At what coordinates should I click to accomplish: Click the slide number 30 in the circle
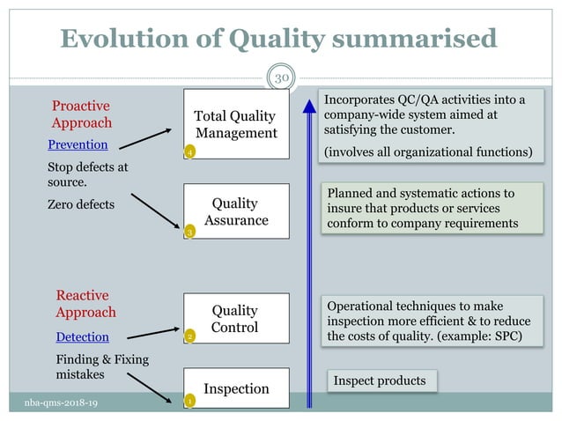[x=281, y=78]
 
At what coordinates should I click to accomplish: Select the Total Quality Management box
[x=235, y=124]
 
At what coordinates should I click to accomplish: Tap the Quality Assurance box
[x=235, y=211]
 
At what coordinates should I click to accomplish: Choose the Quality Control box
[x=235, y=319]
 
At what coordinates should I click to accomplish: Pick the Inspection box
[x=235, y=388]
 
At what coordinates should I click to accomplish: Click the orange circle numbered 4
[x=189, y=152]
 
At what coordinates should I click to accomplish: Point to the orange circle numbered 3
[x=189, y=232]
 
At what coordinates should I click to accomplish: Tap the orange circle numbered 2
[x=189, y=337]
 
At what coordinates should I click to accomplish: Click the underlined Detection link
[x=82, y=336]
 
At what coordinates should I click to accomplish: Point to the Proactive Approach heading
[x=81, y=114]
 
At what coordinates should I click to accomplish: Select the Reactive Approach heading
[x=85, y=304]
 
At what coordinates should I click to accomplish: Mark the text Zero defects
[x=80, y=204]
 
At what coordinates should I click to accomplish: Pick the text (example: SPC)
[x=481, y=336]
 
